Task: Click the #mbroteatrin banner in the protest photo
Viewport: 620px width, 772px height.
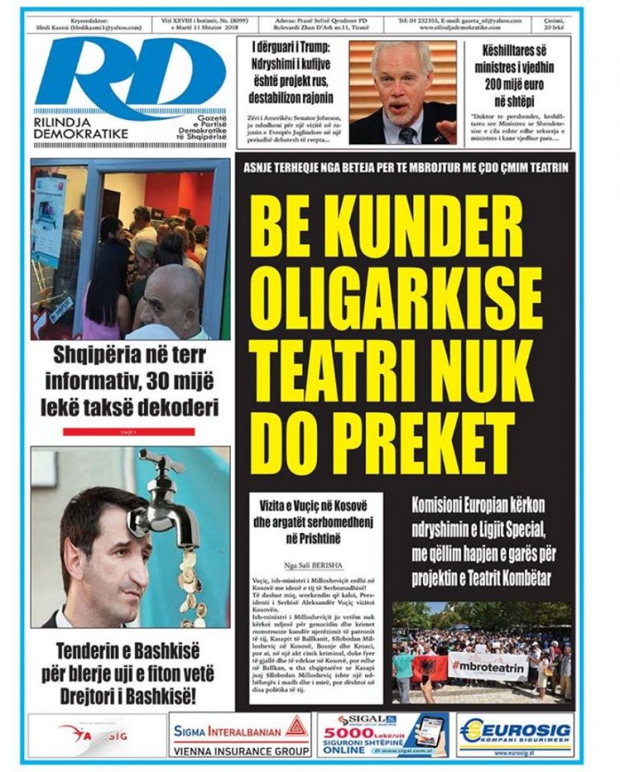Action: click(487, 666)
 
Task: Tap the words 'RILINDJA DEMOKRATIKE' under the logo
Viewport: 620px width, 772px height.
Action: click(81, 127)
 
